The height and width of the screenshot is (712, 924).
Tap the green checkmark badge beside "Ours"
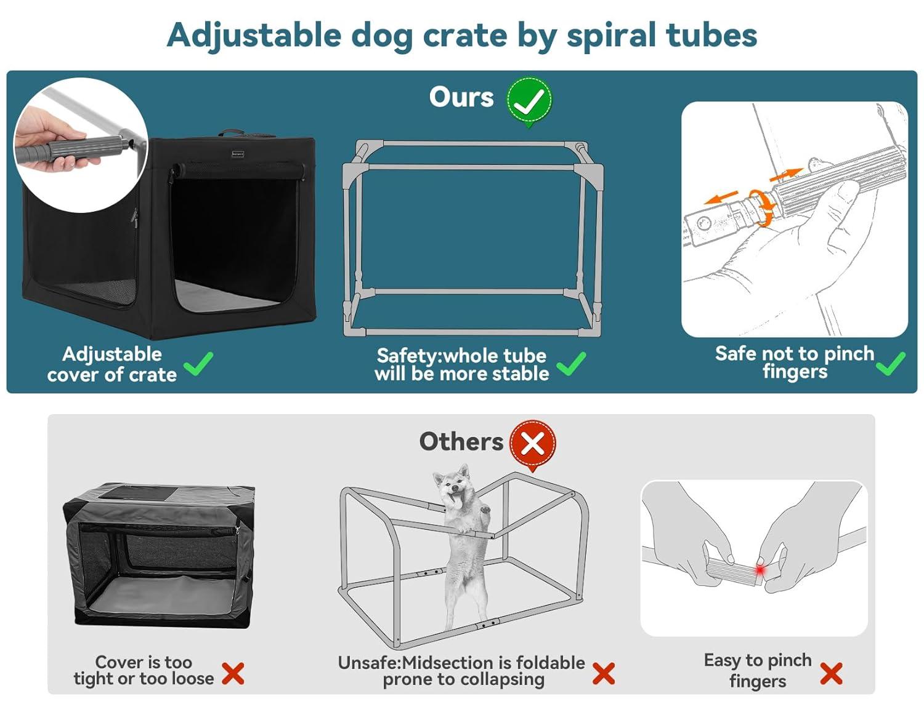pos(529,100)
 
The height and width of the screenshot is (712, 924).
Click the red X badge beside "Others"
pos(532,444)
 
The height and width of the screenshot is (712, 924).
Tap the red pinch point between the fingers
pos(760,570)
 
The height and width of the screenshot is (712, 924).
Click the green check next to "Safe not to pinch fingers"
pos(890,364)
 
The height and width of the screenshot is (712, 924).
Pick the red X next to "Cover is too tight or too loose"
pos(233,673)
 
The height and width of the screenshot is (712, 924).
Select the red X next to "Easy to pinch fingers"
pos(831,673)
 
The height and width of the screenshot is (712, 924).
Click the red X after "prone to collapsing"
pos(603,673)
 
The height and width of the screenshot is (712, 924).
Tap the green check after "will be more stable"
pos(571,364)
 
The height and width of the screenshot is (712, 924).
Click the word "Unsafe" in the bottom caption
pos(368,663)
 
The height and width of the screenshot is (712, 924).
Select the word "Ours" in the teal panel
pos(461,97)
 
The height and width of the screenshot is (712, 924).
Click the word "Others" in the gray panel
pos(461,441)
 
